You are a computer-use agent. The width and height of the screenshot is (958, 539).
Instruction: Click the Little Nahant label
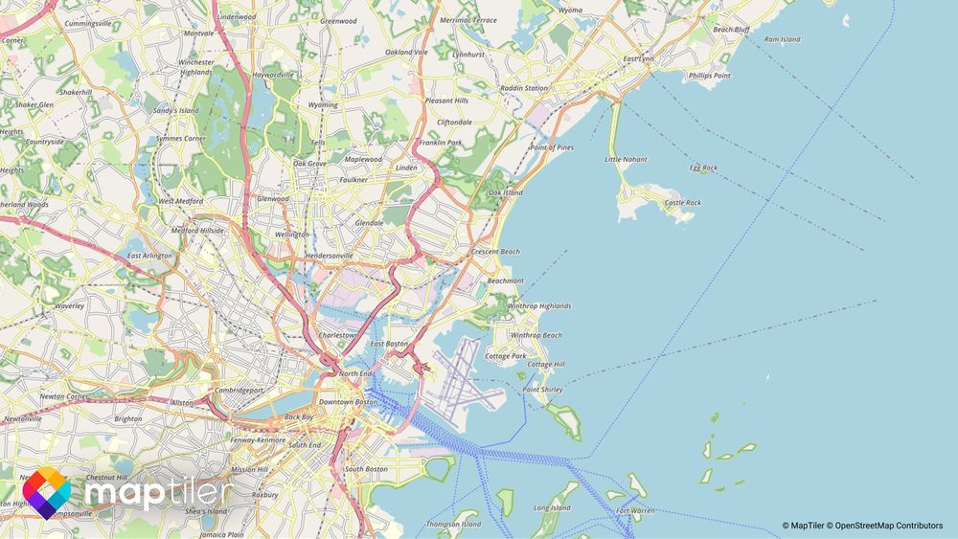626,159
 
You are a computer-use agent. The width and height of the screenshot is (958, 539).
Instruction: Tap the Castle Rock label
682,203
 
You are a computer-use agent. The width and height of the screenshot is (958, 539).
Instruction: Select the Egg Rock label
703,168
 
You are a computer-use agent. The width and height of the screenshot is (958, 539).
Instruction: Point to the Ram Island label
782,39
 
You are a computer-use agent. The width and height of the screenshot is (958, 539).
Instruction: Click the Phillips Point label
709,75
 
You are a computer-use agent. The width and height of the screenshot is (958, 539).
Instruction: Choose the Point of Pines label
552,147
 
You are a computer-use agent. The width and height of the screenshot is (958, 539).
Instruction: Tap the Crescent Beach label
495,252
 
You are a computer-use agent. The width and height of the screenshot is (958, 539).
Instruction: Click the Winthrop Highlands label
538,306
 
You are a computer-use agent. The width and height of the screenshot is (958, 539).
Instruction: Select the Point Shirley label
542,390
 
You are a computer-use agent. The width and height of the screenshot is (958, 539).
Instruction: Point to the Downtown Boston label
350,401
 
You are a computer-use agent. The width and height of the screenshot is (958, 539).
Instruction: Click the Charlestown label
337,336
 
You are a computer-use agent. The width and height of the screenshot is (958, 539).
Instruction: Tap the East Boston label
389,343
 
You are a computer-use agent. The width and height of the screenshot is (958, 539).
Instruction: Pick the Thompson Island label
453,525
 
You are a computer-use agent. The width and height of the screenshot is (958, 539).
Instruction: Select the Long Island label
552,508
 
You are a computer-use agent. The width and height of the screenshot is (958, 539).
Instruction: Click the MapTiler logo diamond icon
46,493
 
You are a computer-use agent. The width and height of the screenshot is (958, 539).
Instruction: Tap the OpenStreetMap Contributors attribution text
885,526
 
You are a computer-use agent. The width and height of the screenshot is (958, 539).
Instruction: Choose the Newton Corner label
64,396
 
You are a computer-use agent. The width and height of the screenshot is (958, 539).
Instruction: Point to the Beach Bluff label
731,30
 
